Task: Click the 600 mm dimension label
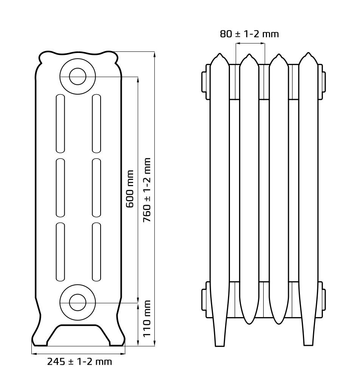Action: (130, 189)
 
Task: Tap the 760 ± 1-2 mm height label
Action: (147, 190)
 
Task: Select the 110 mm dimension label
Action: (147, 319)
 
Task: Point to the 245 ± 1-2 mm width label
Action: (79, 362)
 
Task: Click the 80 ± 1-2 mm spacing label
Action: (249, 34)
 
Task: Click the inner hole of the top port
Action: (78, 76)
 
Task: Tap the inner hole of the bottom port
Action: (78, 303)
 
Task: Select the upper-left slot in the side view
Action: (61, 124)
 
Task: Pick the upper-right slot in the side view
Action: (96, 124)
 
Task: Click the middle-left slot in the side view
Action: (61, 188)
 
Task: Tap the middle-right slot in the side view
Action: (96, 188)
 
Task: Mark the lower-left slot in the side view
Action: (61, 252)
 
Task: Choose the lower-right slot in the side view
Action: (96, 252)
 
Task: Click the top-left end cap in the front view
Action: (205, 82)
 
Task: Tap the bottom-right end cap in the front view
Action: (323, 300)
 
